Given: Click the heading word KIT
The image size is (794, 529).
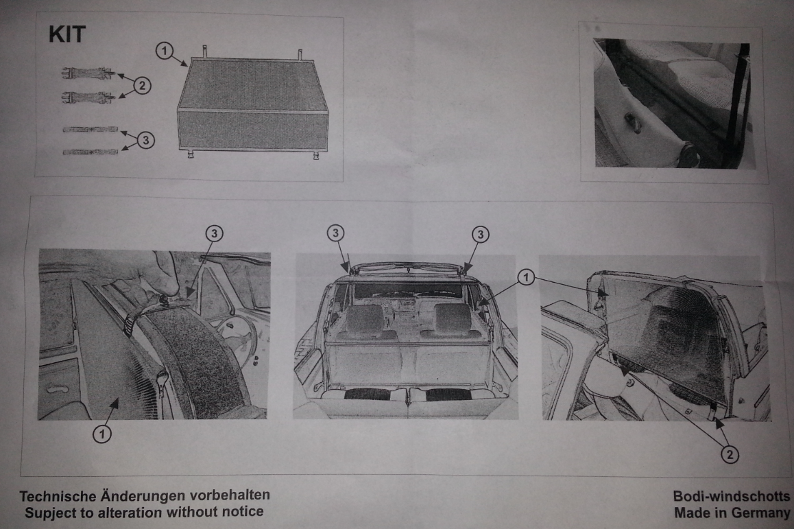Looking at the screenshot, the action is pos(67,34).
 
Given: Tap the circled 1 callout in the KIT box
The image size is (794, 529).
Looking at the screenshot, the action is pos(164,51).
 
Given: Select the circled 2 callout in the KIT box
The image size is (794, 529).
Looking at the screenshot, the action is pos(142,86).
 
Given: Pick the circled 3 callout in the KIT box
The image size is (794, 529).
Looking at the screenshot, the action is pos(146,139).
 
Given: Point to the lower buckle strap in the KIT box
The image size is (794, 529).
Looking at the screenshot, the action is pos(88,96).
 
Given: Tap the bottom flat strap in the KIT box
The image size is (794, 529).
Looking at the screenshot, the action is pos(91,151).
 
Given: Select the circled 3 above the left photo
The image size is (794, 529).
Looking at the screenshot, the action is pos(214,233).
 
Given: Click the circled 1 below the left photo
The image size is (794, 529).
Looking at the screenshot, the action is pos(102,434).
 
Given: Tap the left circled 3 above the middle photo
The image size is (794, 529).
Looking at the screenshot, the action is pos(335,233).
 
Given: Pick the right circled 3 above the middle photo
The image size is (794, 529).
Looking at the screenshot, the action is pos(480,234).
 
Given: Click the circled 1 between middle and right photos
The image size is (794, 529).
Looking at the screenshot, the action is pos(526,277).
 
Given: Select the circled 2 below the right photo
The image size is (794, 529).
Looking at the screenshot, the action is pos(730,454).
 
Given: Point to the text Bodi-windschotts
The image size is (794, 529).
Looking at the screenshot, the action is pos(732,496).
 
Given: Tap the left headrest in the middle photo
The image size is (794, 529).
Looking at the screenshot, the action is pos(363,319).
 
